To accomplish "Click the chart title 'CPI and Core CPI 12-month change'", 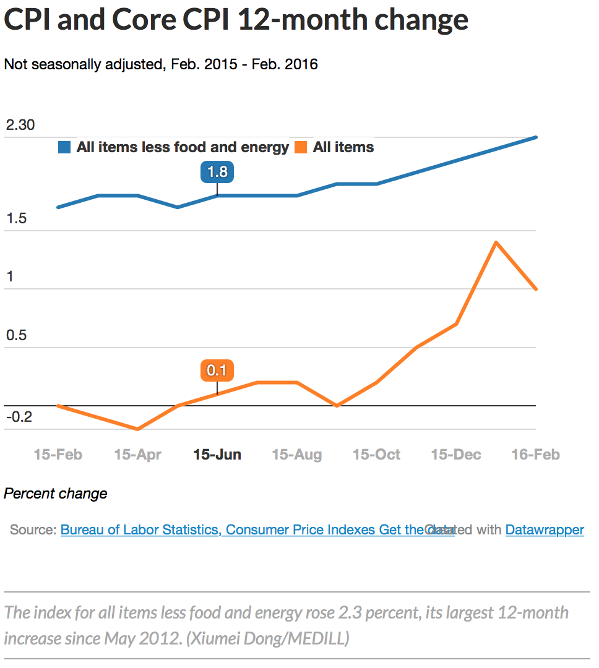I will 236,20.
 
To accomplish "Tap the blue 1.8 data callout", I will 217,171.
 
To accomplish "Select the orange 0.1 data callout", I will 217,370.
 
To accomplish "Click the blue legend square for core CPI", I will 64,147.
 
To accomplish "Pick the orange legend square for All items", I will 301,147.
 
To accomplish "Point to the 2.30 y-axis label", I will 20,126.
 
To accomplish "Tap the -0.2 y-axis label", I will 19,417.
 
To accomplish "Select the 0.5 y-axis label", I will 17,335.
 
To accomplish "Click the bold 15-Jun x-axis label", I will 217,455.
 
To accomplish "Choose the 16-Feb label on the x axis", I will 535,455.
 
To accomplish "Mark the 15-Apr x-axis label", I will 137,455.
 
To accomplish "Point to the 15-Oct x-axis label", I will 376,455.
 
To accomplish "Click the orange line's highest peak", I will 496,242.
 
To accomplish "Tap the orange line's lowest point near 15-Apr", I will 137,429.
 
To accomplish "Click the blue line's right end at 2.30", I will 535,137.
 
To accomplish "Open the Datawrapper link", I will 545,530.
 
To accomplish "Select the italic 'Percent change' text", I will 56,494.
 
